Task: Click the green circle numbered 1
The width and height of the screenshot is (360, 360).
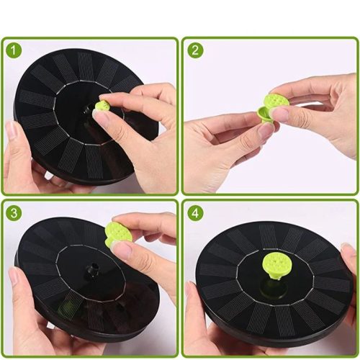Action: [14, 51]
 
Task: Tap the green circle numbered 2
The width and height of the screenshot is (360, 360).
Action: [195, 50]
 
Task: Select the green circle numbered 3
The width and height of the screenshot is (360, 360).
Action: [14, 213]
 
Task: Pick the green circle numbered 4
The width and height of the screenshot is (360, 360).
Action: [195, 213]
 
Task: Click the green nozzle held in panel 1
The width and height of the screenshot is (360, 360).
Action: [101, 107]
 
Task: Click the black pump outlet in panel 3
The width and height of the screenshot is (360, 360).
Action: [94, 267]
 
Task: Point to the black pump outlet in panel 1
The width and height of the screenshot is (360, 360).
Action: [86, 111]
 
